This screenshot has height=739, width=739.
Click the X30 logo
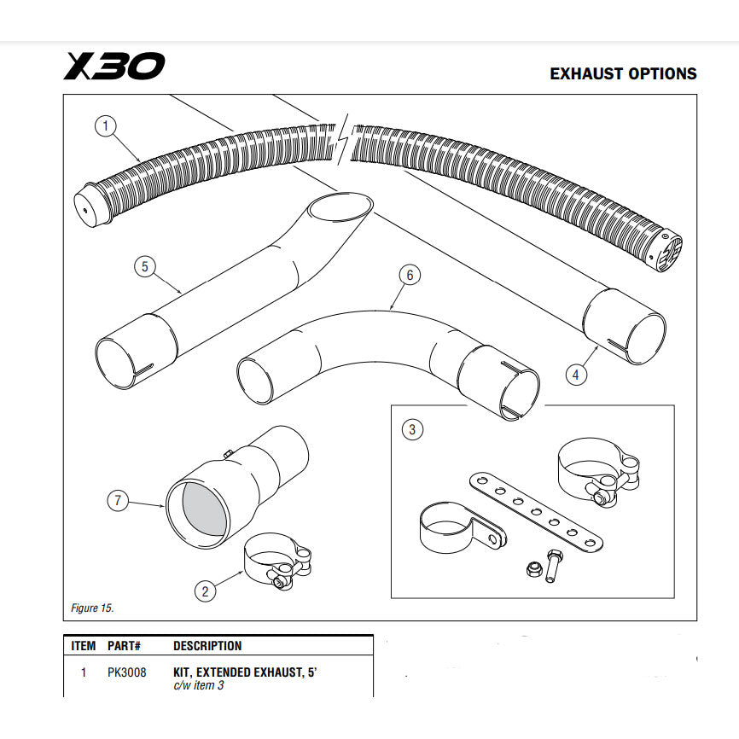(113, 67)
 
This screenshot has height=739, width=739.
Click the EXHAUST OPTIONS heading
(623, 74)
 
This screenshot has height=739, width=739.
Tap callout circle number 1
(105, 127)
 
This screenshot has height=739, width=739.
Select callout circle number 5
(145, 267)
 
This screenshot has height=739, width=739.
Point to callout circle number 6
(410, 275)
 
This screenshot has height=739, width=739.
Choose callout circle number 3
(412, 429)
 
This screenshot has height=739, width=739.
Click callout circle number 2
(205, 590)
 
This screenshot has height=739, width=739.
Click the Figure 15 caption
(91, 608)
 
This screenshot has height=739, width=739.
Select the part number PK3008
(127, 672)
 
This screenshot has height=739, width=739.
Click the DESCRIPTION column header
(207, 646)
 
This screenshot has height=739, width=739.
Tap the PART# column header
(124, 646)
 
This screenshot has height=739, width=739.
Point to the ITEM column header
(83, 646)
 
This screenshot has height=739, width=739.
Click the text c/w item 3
(199, 686)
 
